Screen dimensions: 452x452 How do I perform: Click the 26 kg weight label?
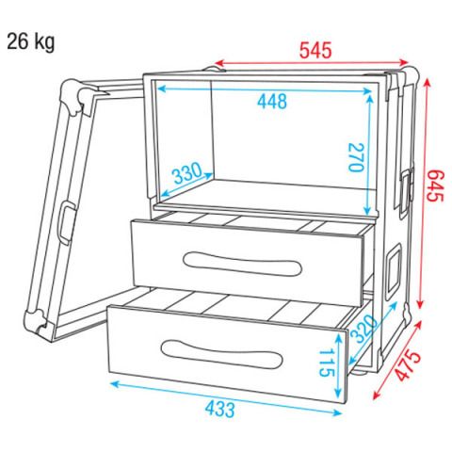[x=31, y=42]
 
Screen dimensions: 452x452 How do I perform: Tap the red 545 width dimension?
[x=315, y=51]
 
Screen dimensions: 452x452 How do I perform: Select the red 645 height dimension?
[x=435, y=186]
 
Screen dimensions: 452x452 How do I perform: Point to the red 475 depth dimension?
[x=408, y=365]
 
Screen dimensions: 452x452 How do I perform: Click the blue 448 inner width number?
[x=272, y=102]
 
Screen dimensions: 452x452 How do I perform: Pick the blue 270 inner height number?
[x=356, y=157]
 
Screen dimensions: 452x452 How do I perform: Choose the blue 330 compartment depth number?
[x=187, y=172]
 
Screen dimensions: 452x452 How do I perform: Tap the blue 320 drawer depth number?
[x=363, y=329]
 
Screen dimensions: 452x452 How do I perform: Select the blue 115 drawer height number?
[x=325, y=363]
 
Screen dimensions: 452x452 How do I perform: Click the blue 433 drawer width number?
[x=219, y=410]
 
